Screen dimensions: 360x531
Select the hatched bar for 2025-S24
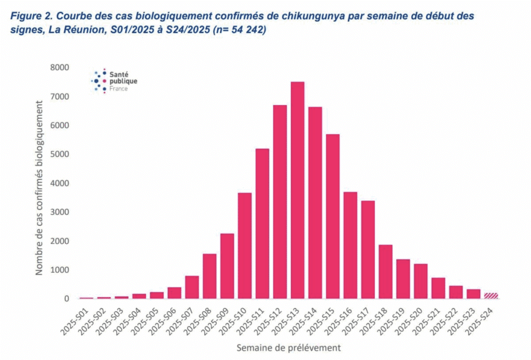pos(491,296)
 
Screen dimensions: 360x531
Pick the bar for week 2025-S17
pos(368,250)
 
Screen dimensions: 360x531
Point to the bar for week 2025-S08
pos(209,276)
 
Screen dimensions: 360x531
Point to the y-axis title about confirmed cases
pos(39,187)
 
